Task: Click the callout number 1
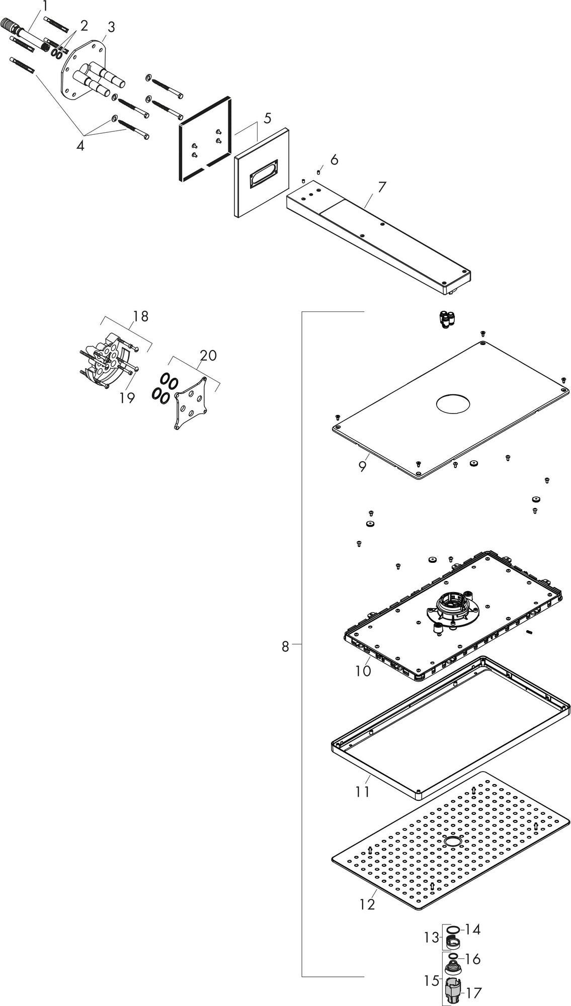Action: (45, 7)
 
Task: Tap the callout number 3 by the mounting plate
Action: (111, 27)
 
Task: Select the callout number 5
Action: (267, 118)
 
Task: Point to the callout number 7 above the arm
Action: (382, 187)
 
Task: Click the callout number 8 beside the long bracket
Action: (285, 647)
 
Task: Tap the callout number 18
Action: (141, 316)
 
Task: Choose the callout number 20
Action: (208, 355)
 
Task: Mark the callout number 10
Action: (363, 670)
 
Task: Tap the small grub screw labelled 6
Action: (319, 173)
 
